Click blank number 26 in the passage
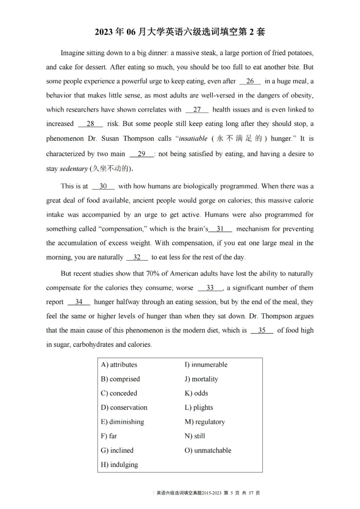[250, 81]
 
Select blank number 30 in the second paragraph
[103, 186]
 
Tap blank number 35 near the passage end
[262, 330]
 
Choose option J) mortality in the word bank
[201, 379]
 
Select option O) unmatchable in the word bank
[208, 451]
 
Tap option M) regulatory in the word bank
[205, 422]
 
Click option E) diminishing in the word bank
[122, 422]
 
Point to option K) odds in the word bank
[196, 393]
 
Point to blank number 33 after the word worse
[210, 288]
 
